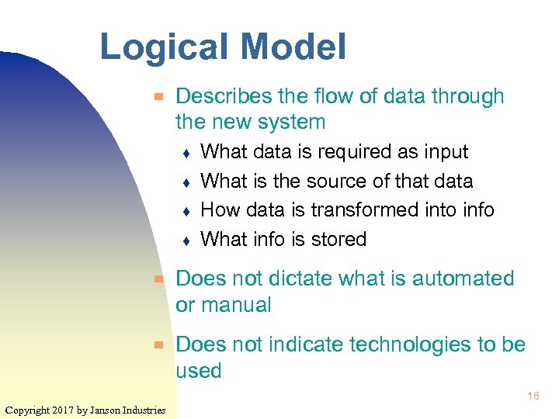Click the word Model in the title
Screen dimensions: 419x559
coord(293,47)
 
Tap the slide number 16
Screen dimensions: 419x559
coord(533,396)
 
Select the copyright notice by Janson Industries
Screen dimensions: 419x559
coord(85,410)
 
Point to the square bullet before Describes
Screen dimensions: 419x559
coord(158,97)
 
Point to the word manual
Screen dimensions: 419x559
coord(237,305)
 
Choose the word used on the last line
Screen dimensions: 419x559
coord(199,371)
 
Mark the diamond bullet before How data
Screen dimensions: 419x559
coord(186,211)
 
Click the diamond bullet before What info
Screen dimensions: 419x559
coord(186,241)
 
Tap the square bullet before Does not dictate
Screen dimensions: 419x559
coord(158,279)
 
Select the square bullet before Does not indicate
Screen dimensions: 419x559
coord(158,345)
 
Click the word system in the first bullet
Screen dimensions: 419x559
coord(286,123)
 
